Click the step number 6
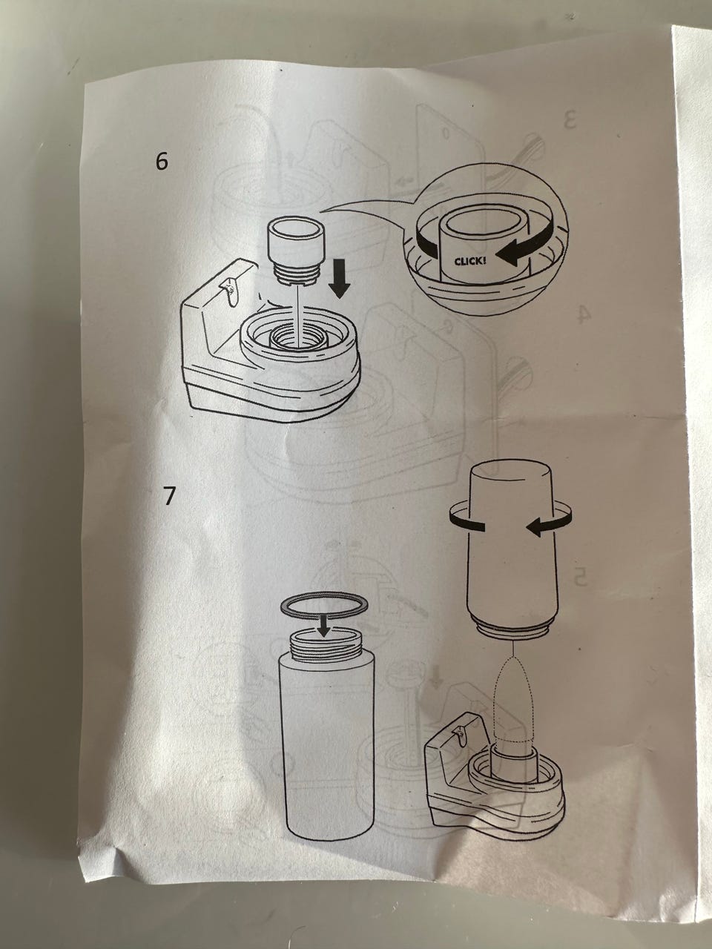[161, 162]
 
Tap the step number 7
[169, 495]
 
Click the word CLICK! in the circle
[470, 261]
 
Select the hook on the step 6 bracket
[230, 291]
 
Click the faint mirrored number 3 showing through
[569, 120]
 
